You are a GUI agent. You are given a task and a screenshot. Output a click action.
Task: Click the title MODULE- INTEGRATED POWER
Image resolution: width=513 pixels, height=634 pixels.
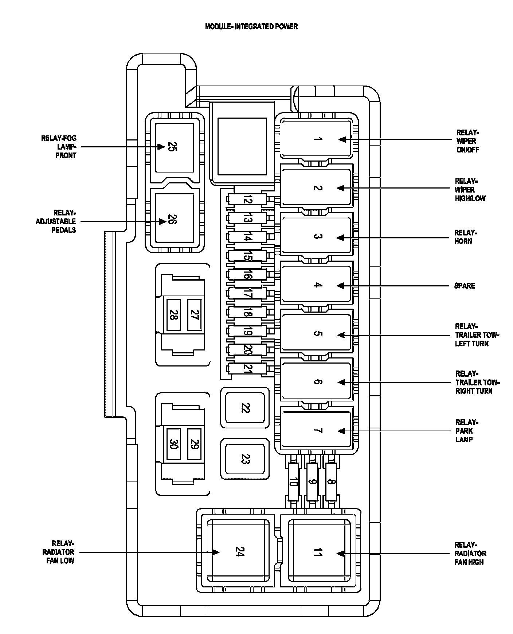point(251,26)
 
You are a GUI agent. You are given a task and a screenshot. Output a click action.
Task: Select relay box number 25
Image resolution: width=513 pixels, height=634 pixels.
point(175,147)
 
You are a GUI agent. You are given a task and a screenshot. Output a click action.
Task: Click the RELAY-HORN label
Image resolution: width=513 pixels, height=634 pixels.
point(465,237)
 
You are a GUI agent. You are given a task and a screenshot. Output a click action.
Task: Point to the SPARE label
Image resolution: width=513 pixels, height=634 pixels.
point(465,286)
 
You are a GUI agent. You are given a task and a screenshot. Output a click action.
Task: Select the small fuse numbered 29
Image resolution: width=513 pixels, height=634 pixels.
point(195,444)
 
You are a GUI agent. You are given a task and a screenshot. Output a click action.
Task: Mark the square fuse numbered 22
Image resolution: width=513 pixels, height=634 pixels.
point(245,408)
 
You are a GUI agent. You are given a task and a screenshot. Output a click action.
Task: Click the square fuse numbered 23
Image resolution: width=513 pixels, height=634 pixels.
point(245,459)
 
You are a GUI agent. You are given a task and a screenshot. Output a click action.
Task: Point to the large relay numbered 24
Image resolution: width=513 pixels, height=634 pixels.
point(239,552)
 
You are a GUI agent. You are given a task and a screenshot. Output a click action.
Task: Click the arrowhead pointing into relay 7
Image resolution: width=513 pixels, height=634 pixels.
point(341,431)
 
